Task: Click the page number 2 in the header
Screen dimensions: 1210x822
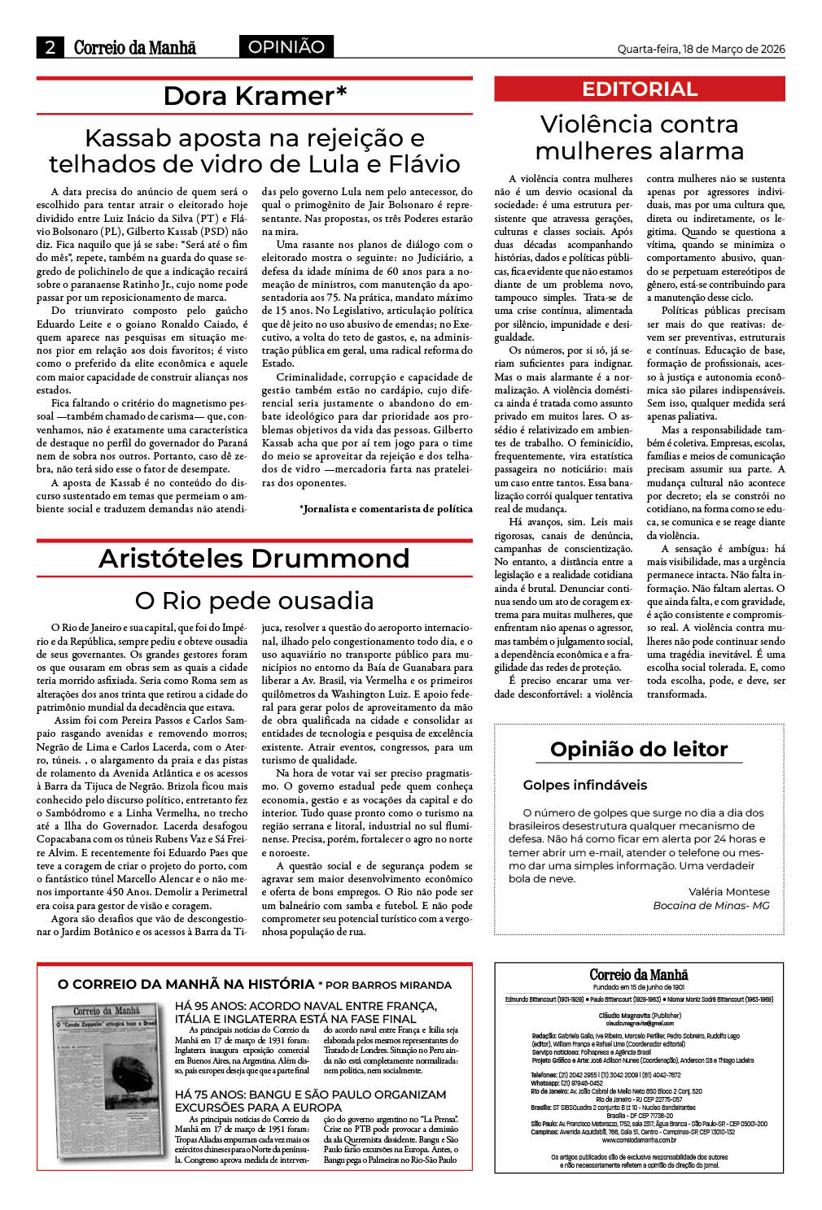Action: [50, 47]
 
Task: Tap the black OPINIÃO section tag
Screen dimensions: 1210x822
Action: [286, 47]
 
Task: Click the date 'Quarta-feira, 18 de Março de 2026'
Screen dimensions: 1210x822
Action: [701, 49]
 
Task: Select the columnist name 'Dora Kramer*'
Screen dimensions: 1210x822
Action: [255, 96]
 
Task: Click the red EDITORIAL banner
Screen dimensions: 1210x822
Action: [640, 89]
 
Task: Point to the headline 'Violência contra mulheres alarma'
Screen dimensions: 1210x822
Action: [640, 137]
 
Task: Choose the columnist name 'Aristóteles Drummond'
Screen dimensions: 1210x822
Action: [254, 559]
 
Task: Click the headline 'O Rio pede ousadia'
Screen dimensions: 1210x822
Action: [254, 601]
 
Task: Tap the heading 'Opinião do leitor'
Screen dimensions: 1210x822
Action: [639, 749]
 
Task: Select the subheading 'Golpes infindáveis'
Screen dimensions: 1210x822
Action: [585, 786]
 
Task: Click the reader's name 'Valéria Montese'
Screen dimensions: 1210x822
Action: [728, 891]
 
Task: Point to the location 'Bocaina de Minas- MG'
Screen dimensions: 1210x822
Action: [711, 905]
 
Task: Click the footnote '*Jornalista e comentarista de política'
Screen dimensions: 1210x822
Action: [386, 509]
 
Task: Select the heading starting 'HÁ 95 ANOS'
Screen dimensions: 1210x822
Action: [306, 1012]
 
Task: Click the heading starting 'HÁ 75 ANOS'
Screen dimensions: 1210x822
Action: [310, 1101]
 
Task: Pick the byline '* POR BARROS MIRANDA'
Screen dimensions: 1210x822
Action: [384, 985]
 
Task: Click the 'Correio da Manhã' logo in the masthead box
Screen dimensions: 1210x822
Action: [639, 974]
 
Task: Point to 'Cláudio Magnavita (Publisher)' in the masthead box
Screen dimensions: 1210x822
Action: [639, 1016]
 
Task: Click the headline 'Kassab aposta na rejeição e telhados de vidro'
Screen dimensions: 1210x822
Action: [255, 151]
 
